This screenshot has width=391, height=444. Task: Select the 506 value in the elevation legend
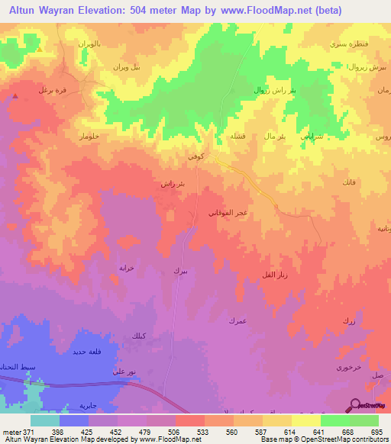point(176,433)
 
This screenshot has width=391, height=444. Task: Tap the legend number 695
point(377,433)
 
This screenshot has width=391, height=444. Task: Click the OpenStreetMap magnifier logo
point(355,405)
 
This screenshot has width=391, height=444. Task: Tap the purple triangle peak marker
point(16,96)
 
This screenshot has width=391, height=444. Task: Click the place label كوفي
point(195,155)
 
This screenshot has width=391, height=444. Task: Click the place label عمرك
point(235,321)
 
